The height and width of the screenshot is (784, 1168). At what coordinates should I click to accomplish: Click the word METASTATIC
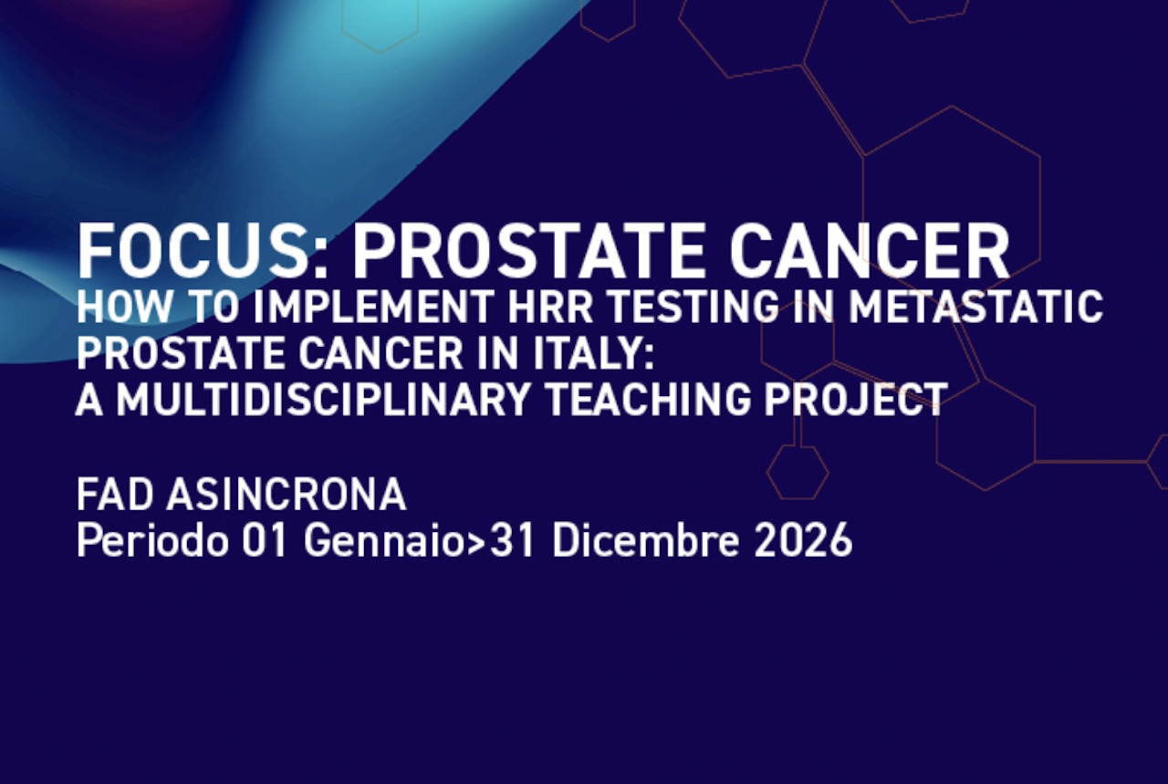point(976,308)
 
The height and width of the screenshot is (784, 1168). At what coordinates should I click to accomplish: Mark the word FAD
point(115,495)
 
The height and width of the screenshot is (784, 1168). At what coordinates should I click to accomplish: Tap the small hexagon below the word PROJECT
point(798,472)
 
